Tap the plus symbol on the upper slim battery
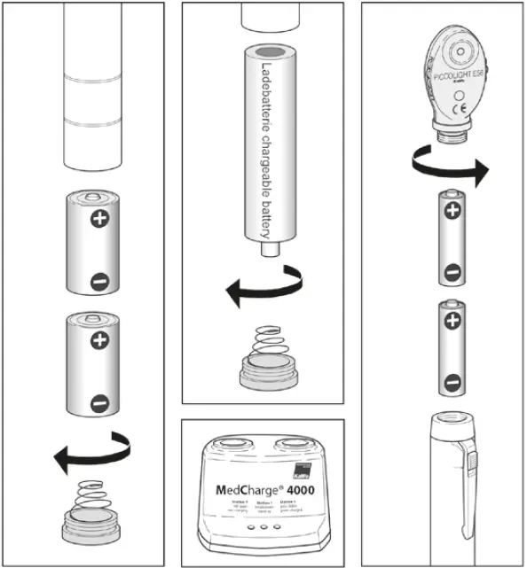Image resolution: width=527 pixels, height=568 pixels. coord(452,211)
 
